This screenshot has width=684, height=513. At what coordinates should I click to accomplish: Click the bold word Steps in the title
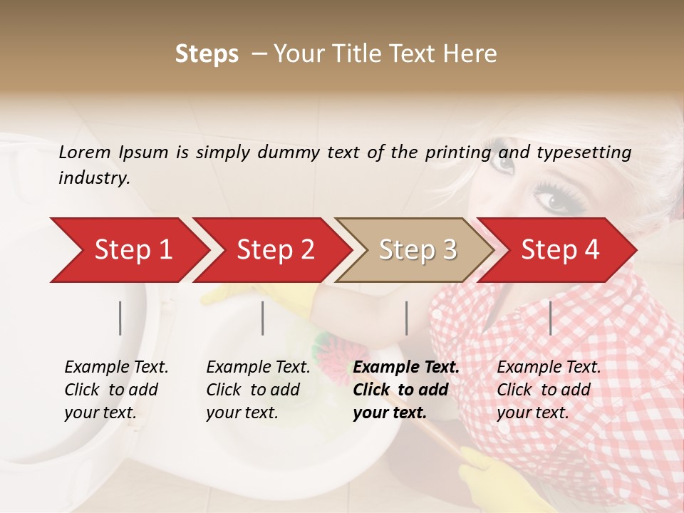pyautogui.click(x=207, y=54)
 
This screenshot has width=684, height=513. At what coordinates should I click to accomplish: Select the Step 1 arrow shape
pyautogui.click(x=128, y=250)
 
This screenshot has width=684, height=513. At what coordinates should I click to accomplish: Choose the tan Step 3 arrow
pyautogui.click(x=417, y=250)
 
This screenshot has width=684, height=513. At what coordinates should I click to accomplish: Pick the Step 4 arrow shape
pyautogui.click(x=559, y=250)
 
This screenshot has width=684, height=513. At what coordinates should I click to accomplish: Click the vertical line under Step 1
pyautogui.click(x=120, y=318)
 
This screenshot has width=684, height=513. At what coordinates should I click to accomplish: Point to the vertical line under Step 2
pyautogui.click(x=263, y=318)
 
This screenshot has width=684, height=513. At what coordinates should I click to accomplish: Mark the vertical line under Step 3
pyautogui.click(x=406, y=318)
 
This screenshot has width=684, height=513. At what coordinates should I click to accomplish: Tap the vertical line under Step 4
pyautogui.click(x=550, y=318)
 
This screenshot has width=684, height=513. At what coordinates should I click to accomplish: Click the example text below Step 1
pyautogui.click(x=116, y=390)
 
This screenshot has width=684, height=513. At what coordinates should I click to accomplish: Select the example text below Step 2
pyautogui.click(x=258, y=390)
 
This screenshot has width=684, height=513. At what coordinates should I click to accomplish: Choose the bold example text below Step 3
pyautogui.click(x=406, y=390)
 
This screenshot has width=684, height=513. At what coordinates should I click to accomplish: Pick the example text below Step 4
pyautogui.click(x=549, y=390)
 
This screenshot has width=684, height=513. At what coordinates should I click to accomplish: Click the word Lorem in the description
pyautogui.click(x=85, y=152)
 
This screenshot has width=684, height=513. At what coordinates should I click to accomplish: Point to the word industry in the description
pyautogui.click(x=94, y=178)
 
